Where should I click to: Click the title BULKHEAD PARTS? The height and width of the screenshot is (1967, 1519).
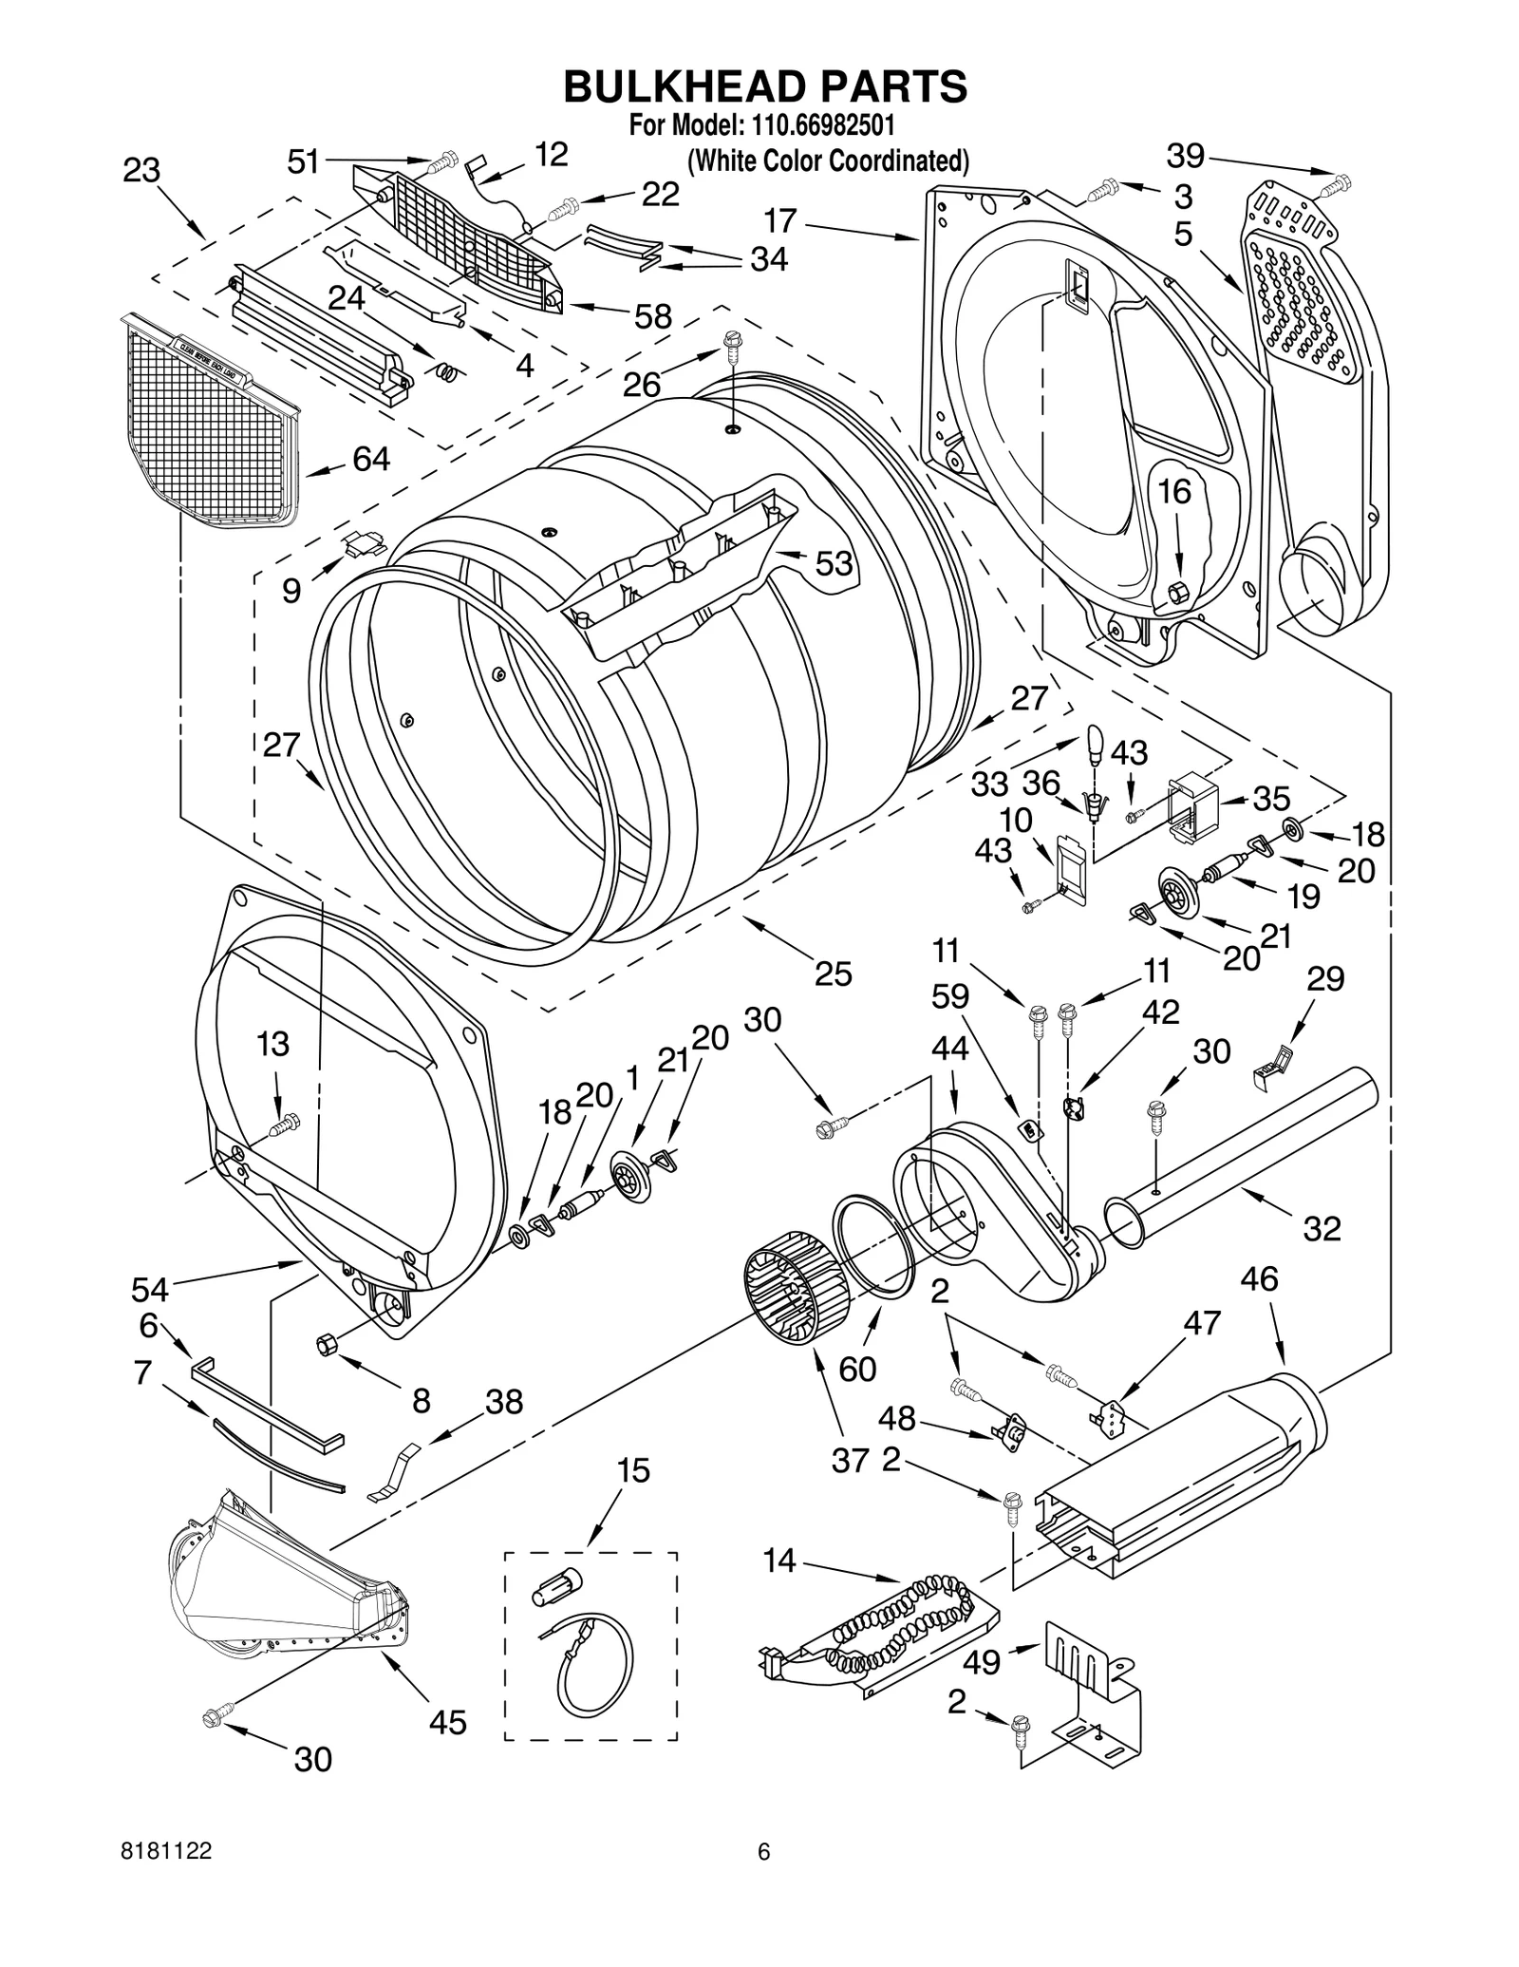[x=764, y=85]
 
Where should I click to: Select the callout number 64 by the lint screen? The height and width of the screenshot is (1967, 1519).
[x=371, y=459]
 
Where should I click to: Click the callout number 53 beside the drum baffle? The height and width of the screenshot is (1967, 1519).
[x=834, y=563]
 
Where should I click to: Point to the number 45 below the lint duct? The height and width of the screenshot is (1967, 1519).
[x=447, y=1722]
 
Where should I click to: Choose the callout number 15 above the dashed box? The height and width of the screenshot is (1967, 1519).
[x=633, y=1470]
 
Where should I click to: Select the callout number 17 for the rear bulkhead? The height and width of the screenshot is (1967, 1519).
[x=780, y=221]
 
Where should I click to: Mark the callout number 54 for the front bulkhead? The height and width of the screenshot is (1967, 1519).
[x=150, y=1289]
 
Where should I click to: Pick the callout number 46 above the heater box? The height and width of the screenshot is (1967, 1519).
[x=1259, y=1278]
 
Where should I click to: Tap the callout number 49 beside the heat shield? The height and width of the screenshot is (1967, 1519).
[x=982, y=1662]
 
